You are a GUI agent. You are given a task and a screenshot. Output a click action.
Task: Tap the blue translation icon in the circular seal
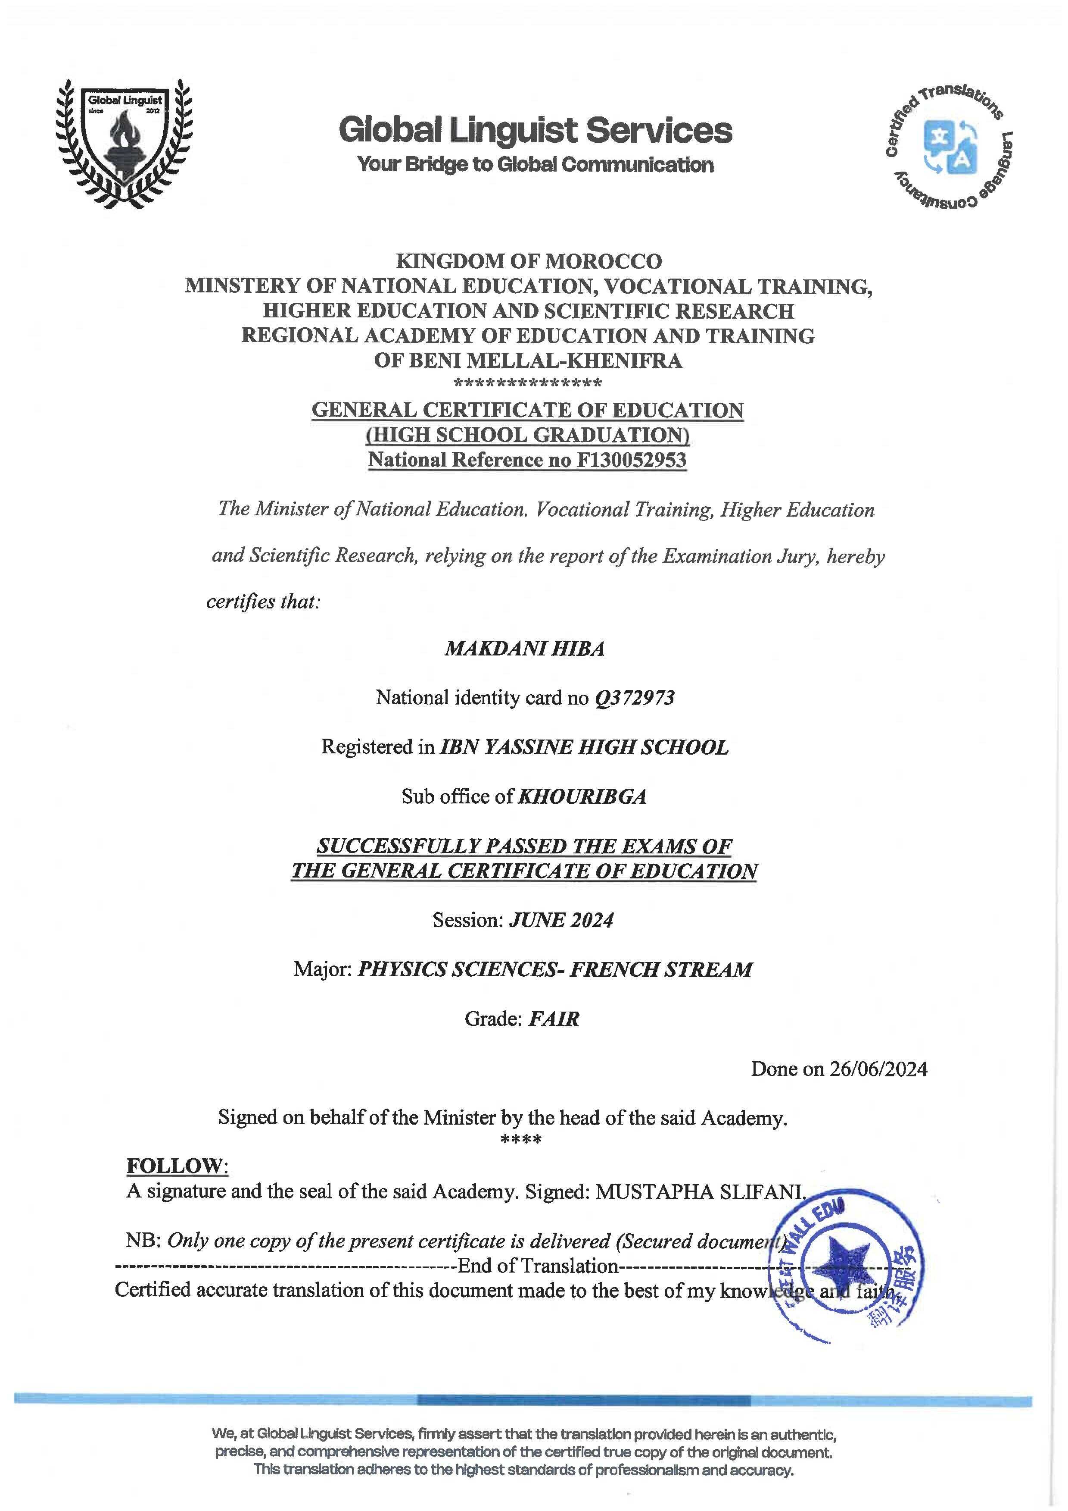click(x=950, y=146)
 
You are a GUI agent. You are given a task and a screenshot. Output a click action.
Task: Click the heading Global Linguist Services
click(x=535, y=130)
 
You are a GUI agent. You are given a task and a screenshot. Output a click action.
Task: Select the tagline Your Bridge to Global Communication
click(x=535, y=165)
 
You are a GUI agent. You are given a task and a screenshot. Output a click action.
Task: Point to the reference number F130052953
click(x=631, y=459)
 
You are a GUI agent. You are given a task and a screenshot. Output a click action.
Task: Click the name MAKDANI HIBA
click(x=525, y=649)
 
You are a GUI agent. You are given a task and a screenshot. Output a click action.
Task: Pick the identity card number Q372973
click(x=634, y=698)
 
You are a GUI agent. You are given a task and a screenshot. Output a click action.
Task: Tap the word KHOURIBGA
click(x=582, y=796)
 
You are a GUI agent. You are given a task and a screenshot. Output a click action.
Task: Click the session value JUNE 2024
click(x=561, y=920)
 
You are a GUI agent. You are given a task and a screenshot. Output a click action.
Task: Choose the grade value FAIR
click(x=554, y=1019)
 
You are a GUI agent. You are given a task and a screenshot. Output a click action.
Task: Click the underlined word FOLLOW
click(x=176, y=1166)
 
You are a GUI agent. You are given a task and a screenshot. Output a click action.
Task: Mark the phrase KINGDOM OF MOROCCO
click(x=529, y=261)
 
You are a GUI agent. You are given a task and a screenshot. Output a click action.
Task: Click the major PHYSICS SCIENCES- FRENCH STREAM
click(x=554, y=969)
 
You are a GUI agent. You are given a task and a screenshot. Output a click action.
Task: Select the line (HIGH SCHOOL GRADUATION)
click(x=527, y=435)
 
